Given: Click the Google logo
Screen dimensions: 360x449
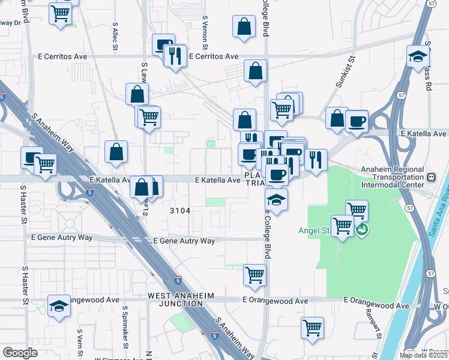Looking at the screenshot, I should pos(20,353).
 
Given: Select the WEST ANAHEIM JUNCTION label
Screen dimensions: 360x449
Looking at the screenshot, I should pos(175,299).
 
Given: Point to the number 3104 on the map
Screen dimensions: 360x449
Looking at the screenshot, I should pos(180,211).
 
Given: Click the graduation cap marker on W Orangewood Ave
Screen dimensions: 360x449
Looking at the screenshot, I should pos(59,307).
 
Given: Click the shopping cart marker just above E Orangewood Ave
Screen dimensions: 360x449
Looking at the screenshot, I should pos(255,275).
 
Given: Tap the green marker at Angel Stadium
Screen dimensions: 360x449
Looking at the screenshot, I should pos(361,229).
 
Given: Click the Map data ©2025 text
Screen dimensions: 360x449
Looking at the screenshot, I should pos(423,355).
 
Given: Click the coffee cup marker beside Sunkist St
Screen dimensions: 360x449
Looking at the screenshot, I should pos(357,121).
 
